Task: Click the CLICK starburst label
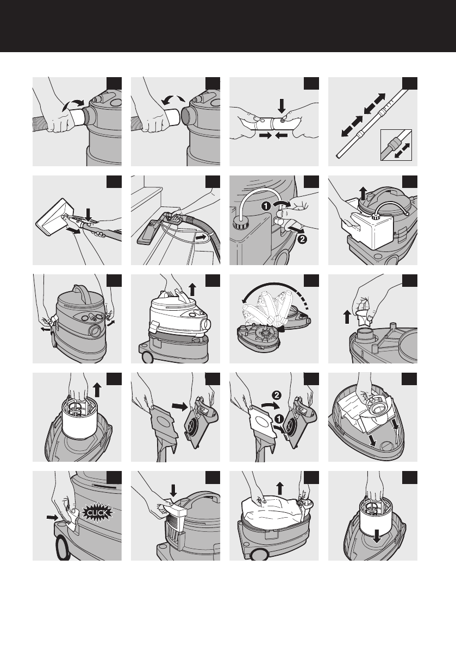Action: pos(97,513)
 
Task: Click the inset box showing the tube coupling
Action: pos(396,145)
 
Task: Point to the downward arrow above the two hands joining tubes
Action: pos(282,105)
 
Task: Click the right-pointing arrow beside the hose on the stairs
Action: pos(202,238)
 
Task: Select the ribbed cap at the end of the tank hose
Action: pos(238,223)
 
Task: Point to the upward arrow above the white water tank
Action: pos(363,193)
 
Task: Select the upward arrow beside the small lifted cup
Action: pos(347,317)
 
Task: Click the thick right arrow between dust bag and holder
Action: pos(179,406)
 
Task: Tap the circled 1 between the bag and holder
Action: pos(279,419)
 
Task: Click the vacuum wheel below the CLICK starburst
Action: pos(63,548)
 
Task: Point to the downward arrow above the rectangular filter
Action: pos(173,491)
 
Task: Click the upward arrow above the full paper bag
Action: pos(280,488)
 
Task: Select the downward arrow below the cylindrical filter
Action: pos(376,536)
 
